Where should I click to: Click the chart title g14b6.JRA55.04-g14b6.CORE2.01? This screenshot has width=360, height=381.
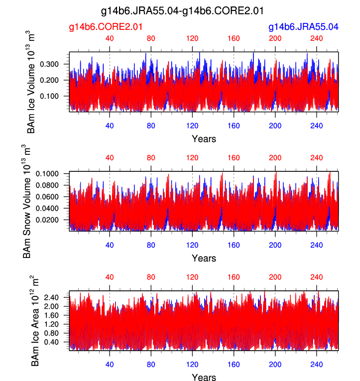click(182, 10)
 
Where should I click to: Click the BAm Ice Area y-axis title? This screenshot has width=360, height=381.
click(35, 321)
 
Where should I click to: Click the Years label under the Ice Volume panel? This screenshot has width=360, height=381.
click(204, 139)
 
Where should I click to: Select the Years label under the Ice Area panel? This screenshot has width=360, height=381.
click(204, 378)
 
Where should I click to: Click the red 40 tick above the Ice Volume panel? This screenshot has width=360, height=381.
click(110, 39)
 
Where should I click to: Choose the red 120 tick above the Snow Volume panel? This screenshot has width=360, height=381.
click(192, 158)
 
